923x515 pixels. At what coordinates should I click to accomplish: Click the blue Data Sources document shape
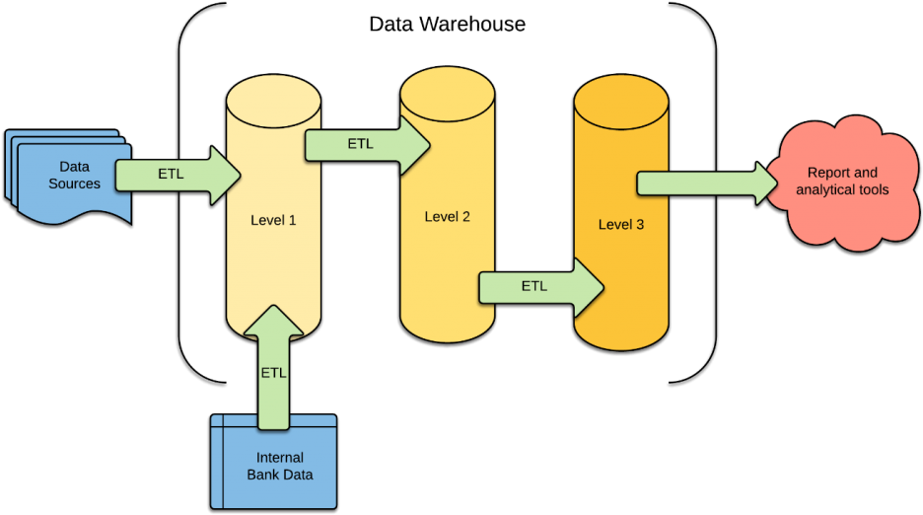(75, 183)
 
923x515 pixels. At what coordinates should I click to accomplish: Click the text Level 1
(273, 220)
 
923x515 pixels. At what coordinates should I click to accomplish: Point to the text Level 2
(447, 216)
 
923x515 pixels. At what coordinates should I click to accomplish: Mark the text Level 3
(621, 225)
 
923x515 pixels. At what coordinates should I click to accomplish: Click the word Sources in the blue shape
(75, 184)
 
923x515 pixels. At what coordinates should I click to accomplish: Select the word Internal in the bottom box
(280, 458)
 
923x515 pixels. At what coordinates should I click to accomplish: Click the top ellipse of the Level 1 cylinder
(273, 99)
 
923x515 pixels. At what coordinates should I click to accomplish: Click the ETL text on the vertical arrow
(273, 373)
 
